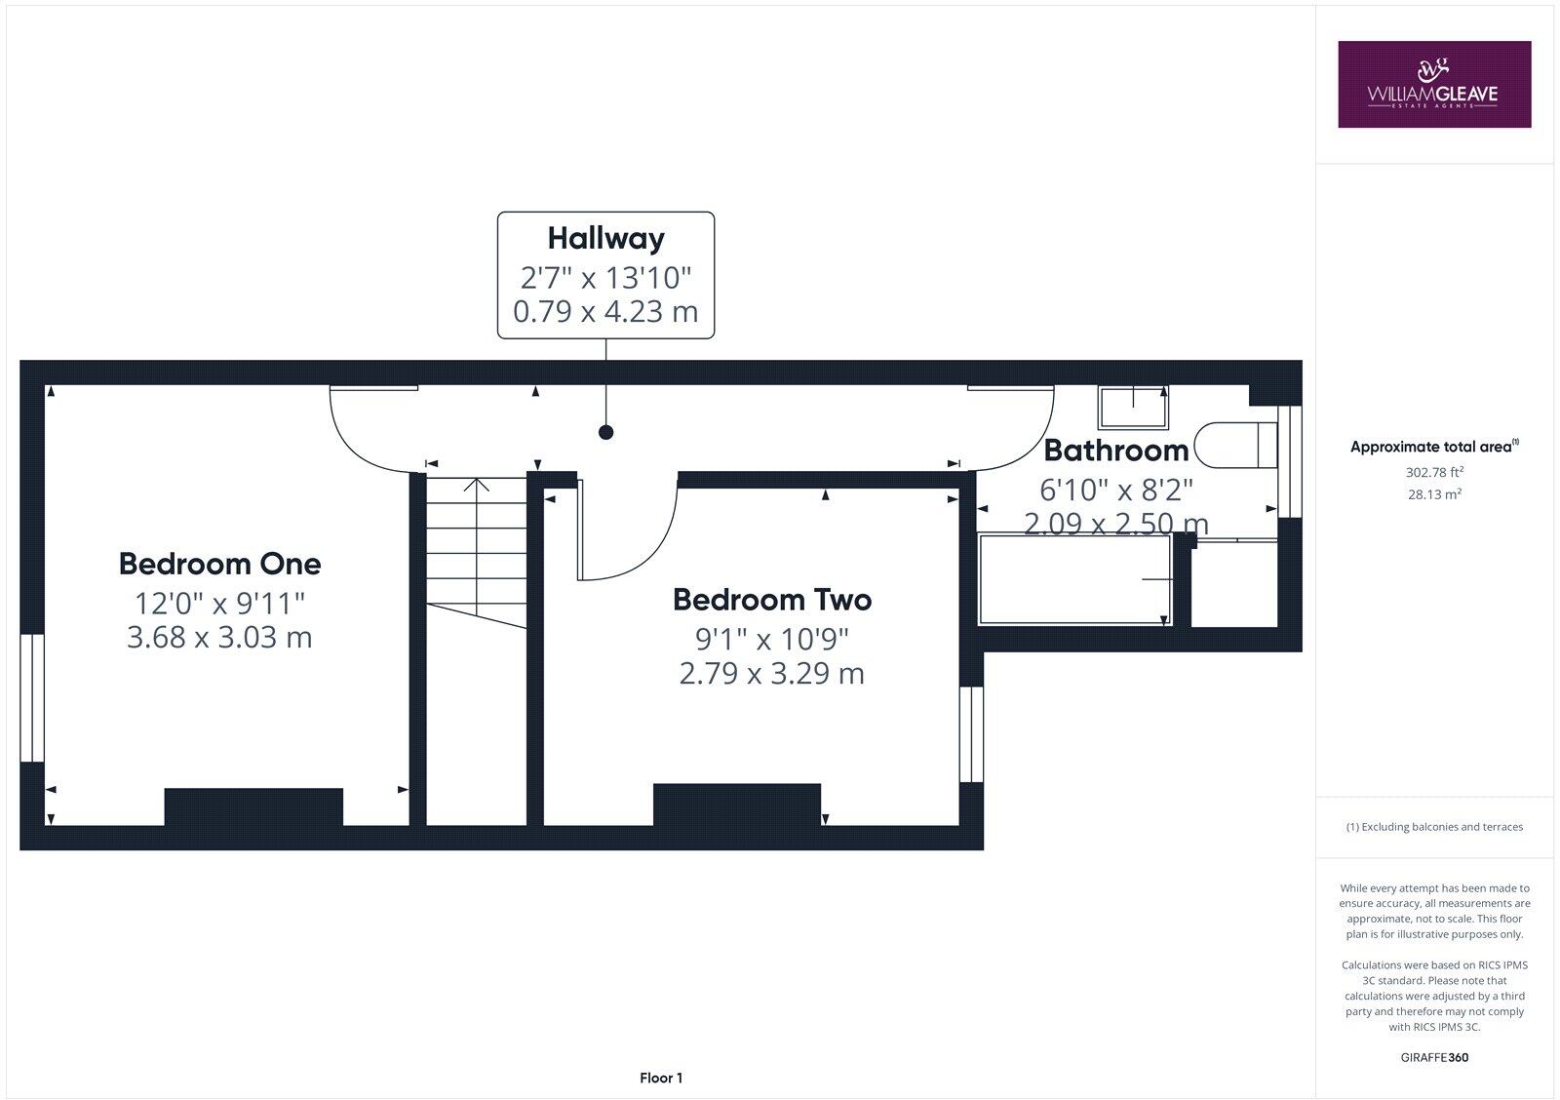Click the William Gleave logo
point(1433,84)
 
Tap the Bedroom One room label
point(219,564)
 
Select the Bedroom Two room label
point(771,600)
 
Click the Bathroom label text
point(1116,451)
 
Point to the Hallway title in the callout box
point(605,238)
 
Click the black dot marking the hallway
point(605,432)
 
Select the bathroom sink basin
point(1133,408)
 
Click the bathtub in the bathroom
point(1074,579)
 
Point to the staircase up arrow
point(476,485)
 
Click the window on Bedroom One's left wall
point(32,697)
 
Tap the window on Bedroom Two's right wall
point(971,734)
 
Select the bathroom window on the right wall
point(1290,460)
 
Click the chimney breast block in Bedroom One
point(253,806)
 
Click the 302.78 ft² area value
point(1433,472)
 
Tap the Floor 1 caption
point(661,1078)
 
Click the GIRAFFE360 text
point(1433,1057)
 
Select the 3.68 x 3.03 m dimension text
point(219,638)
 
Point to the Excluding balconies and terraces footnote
point(1434,827)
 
